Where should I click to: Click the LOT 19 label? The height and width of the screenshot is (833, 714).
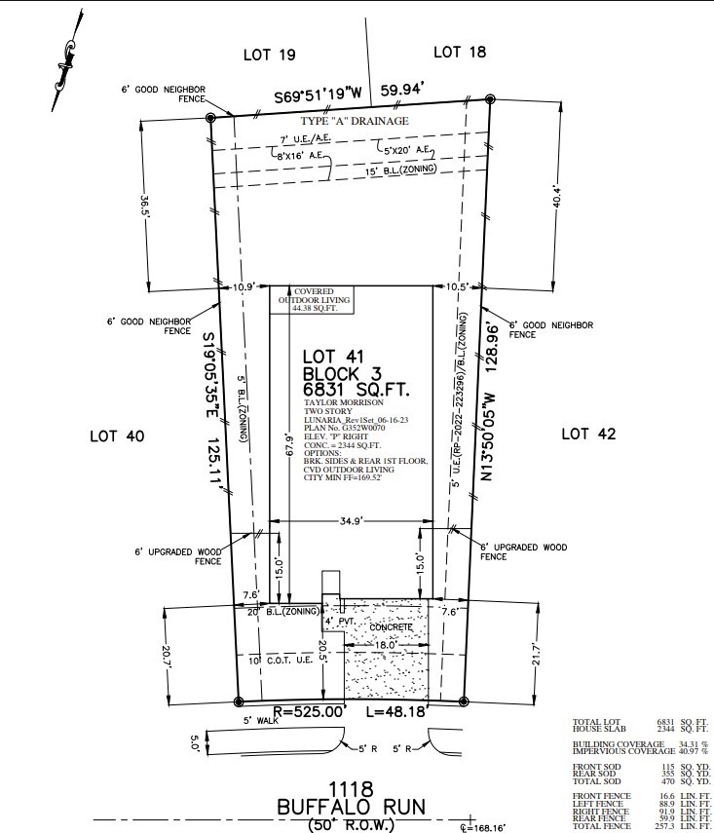[268, 55]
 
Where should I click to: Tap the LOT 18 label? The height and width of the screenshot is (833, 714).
[459, 52]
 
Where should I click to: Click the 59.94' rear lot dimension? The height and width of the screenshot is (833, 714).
[402, 91]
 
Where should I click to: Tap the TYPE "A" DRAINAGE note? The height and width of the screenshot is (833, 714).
[354, 121]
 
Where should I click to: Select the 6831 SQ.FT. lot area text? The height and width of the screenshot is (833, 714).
[356, 390]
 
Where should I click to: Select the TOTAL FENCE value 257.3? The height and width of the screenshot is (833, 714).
[666, 827]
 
